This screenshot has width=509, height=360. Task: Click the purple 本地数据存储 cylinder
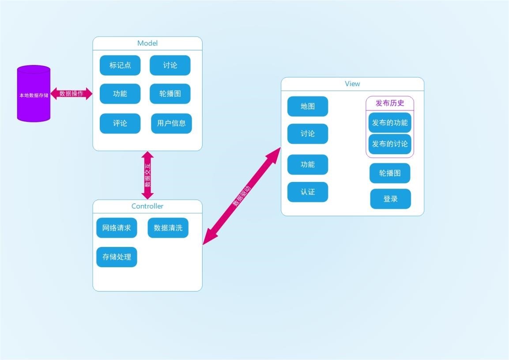34,94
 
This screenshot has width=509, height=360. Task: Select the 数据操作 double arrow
71,94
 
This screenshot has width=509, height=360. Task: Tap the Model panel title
147,43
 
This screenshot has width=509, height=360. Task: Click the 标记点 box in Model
120,65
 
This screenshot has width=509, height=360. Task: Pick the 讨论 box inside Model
170,65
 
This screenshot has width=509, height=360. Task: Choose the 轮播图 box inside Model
170,94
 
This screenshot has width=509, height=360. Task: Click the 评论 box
120,123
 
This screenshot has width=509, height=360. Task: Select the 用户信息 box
171,123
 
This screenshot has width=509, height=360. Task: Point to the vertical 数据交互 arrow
147,175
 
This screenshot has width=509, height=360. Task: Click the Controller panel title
147,206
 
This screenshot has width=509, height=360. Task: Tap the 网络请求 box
117,228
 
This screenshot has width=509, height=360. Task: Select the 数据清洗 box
168,228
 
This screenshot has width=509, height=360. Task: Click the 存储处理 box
117,257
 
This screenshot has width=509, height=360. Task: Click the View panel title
352,84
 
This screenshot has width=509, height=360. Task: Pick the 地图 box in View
308,106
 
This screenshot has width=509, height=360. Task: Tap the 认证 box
308,192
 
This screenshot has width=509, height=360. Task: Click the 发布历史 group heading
390,103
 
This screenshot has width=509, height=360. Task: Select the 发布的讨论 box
390,144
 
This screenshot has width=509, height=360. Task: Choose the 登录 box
390,199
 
